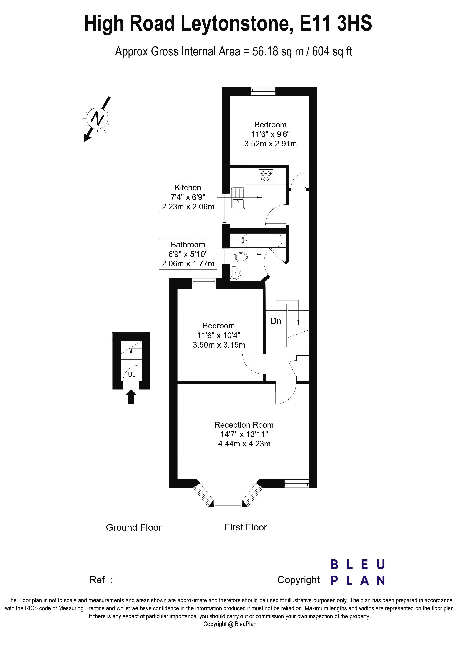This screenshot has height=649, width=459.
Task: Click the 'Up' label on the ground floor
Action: click(132, 375)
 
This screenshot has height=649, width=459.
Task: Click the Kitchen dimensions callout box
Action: click(188, 197)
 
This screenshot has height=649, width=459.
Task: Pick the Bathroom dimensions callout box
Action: click(188, 254)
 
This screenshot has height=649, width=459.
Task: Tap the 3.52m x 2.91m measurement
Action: click(270, 144)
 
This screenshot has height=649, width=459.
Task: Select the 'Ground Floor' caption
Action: click(133, 527)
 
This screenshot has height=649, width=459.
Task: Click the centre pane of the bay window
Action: click(228, 503)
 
